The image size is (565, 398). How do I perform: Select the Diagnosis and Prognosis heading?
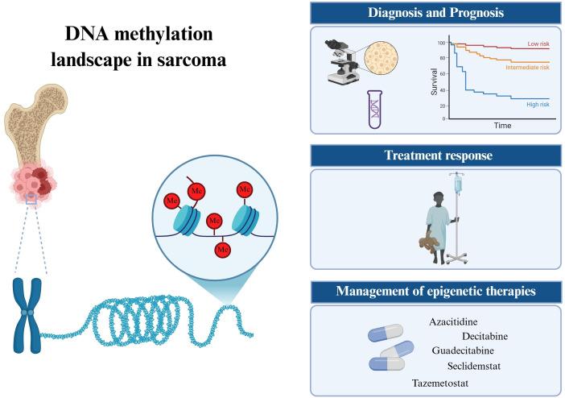pos(435,13)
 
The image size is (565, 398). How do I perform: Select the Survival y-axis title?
pos(433,81)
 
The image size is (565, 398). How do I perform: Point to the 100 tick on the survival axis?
pos(441,42)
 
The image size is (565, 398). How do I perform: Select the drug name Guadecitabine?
pos(463,351)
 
